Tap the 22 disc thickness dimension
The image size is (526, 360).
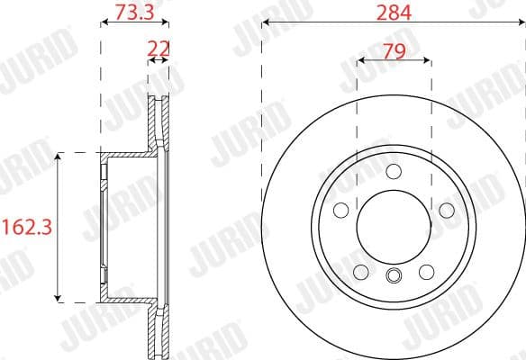tap(159, 46)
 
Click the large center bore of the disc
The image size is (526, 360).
tap(394, 225)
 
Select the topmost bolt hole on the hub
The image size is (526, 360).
tap(394, 172)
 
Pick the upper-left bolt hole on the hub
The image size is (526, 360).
tap(341, 210)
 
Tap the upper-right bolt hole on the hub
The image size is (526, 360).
tap(446, 210)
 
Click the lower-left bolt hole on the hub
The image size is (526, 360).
tap(361, 271)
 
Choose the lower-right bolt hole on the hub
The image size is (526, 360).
tap(426, 271)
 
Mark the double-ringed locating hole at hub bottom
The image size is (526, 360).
tap(394, 276)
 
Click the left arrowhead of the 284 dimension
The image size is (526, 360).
tap(266, 25)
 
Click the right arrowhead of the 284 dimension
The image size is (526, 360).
tap(521, 25)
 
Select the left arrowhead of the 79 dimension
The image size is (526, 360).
tap(361, 60)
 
